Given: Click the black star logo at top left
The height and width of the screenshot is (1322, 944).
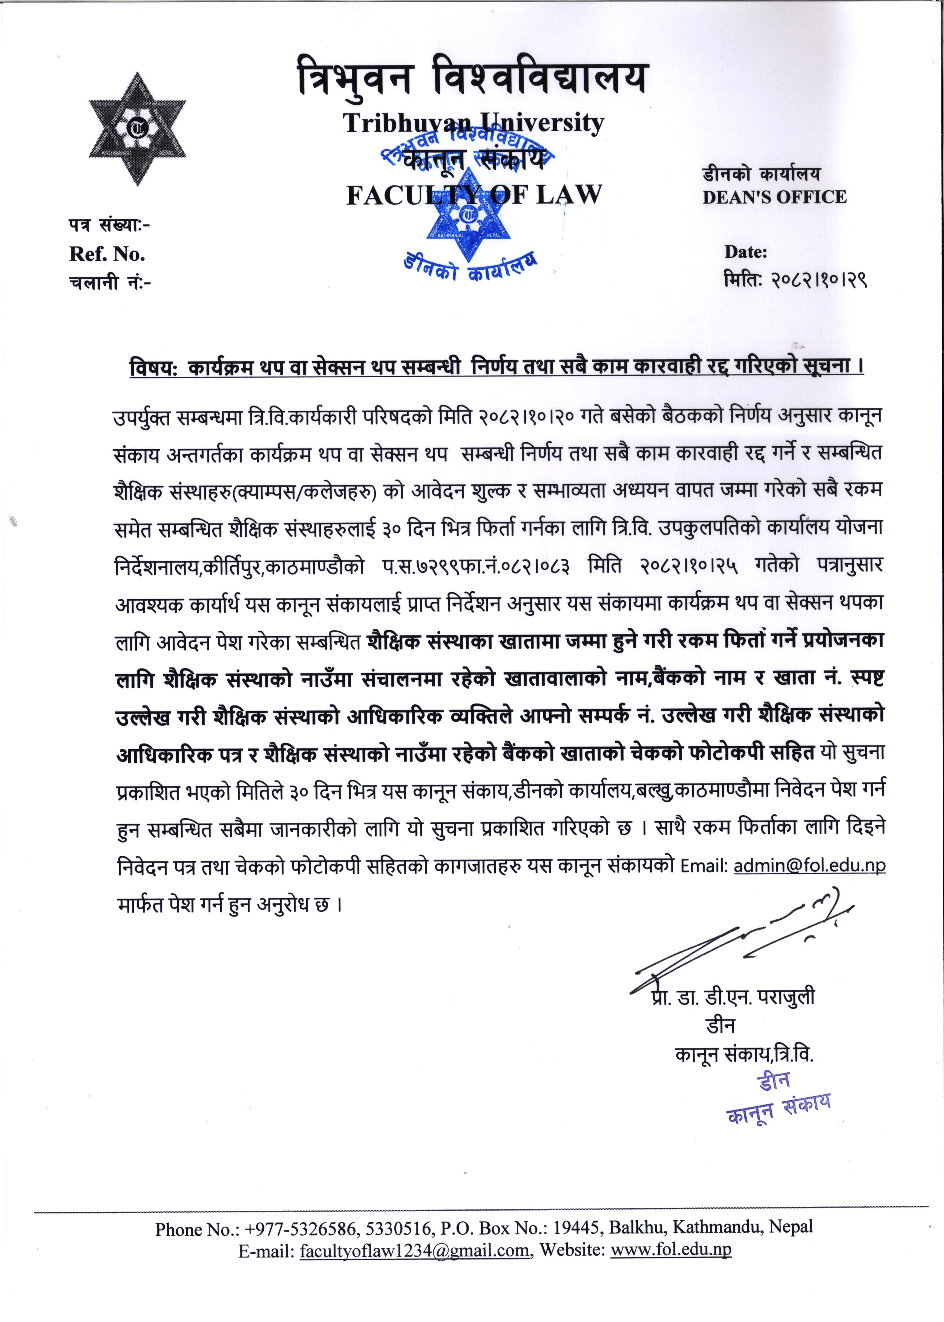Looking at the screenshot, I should point(137,129).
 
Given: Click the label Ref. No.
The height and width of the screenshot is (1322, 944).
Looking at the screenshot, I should point(107,254).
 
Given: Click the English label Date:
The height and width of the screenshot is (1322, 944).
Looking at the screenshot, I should point(745,252).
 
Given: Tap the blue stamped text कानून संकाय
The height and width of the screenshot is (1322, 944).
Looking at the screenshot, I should point(778,1110).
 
